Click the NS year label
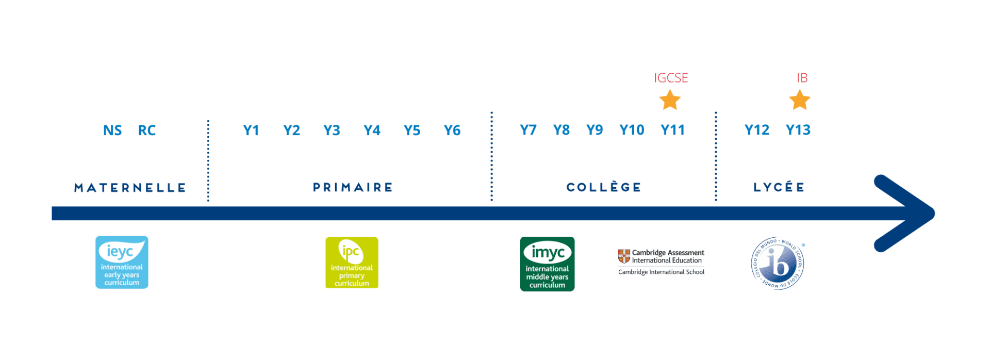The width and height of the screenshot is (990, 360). [x=113, y=130]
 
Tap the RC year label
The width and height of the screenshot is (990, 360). [x=146, y=130]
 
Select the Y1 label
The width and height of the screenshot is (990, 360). [x=251, y=130]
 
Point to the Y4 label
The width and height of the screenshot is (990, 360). [x=372, y=130]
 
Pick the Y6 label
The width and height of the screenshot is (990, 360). [x=452, y=130]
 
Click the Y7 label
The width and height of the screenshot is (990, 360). [x=528, y=130]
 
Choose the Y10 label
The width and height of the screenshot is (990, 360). [x=632, y=130]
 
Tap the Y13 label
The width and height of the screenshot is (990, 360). [x=798, y=130]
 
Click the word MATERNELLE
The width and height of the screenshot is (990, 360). [x=130, y=188]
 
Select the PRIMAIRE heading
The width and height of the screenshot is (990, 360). [x=353, y=187]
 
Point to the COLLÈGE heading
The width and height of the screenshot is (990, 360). [x=604, y=187]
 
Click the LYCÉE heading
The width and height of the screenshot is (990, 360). [x=779, y=187]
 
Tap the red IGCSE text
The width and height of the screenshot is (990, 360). [x=671, y=78]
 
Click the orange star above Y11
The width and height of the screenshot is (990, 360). [x=670, y=100]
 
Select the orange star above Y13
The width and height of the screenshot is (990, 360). [x=800, y=100]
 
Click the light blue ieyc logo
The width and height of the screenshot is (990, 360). [x=122, y=263]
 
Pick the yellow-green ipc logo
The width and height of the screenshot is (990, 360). [x=352, y=263]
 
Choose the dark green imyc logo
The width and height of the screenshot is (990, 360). [x=548, y=264]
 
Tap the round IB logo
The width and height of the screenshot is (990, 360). [x=778, y=264]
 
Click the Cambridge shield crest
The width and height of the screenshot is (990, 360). [x=624, y=256]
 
